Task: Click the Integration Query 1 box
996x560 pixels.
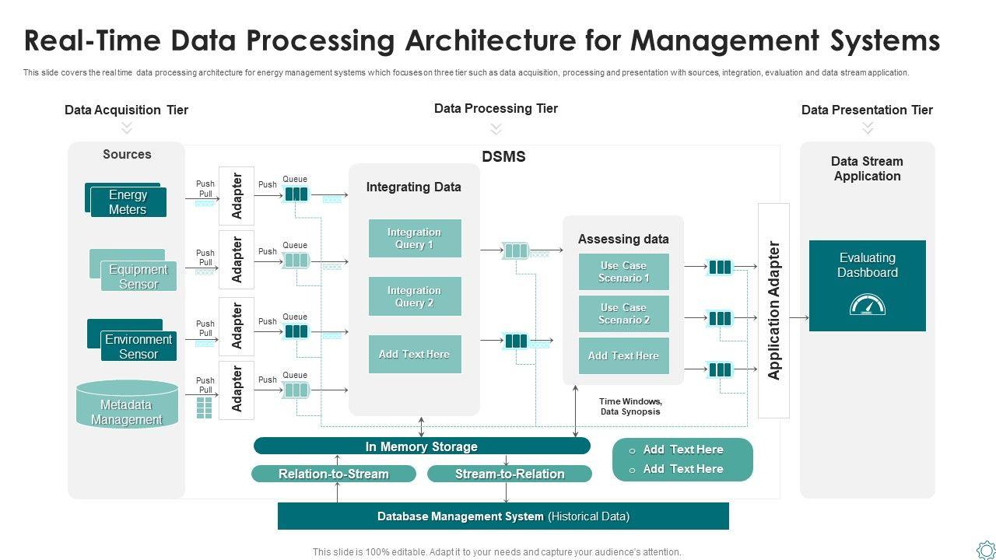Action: click(415, 238)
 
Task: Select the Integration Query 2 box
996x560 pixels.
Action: click(415, 296)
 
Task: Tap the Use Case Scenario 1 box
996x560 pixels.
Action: click(623, 271)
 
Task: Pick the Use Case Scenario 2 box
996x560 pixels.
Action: click(623, 313)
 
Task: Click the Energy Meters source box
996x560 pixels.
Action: click(128, 202)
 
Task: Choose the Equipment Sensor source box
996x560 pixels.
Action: click(138, 277)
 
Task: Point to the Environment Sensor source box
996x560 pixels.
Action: click(138, 346)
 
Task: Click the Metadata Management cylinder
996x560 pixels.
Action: click(127, 405)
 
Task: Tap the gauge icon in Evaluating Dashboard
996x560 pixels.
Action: click(867, 304)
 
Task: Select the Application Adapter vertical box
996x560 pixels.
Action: click(773, 310)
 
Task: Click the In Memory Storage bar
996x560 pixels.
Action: click(422, 446)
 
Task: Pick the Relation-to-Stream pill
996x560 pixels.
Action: click(334, 474)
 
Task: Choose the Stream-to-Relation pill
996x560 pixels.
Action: click(510, 474)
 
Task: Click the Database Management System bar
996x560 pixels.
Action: click(503, 516)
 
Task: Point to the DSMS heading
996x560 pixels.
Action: click(503, 156)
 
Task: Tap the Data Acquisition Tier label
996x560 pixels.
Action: click(126, 110)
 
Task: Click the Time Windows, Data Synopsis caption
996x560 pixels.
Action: click(630, 407)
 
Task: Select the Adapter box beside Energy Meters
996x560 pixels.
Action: click(237, 195)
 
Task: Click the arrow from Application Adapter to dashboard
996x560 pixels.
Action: click(799, 317)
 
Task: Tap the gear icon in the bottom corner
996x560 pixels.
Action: click(985, 549)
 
